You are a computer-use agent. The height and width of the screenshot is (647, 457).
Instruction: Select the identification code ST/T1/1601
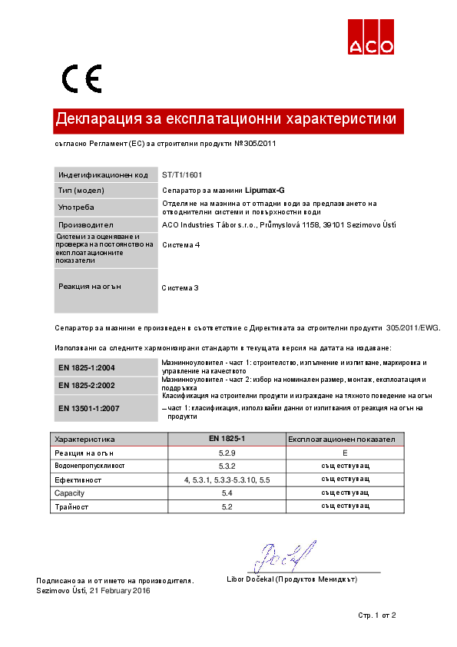coord(182,175)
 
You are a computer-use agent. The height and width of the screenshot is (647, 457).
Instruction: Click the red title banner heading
coord(226,120)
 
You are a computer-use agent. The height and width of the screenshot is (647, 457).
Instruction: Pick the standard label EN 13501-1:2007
coord(88,407)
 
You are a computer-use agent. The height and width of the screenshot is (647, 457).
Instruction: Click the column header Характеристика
coord(85,440)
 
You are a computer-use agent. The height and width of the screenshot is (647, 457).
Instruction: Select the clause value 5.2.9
coord(227,453)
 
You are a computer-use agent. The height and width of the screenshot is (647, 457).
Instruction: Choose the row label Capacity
coord(70,493)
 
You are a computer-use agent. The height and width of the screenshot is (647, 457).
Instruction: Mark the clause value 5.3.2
coord(227,466)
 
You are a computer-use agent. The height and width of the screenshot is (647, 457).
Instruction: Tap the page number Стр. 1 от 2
coord(377,615)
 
